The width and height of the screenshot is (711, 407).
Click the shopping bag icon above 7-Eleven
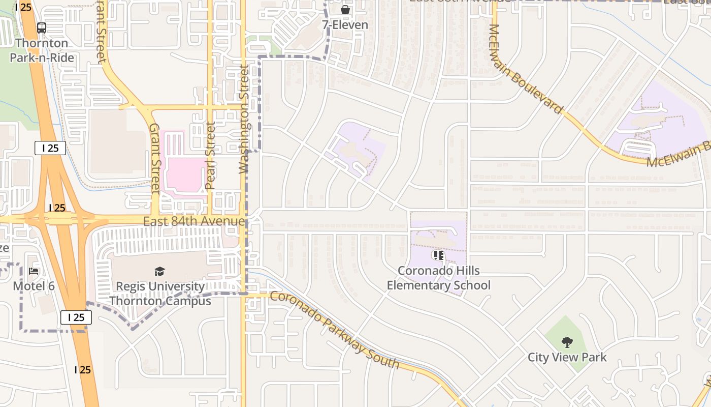[x=345, y=10]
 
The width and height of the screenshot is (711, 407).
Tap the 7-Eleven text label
[x=345, y=24]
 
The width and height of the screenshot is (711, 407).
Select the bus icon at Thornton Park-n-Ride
[x=42, y=28]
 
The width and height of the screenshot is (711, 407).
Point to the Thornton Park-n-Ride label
[x=42, y=50]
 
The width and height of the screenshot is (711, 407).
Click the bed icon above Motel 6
[x=34, y=271]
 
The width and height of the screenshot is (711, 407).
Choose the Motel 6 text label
[x=34, y=286]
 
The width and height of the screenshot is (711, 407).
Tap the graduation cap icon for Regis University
[x=160, y=271]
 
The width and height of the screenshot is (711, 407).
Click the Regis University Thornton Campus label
[x=160, y=294]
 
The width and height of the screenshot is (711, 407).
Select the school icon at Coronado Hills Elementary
[x=438, y=255]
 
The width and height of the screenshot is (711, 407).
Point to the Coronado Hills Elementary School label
[x=439, y=278]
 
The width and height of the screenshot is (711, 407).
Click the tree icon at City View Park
[x=567, y=342]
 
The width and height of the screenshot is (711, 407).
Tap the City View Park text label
[x=567, y=357]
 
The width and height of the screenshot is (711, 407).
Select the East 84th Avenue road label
[x=194, y=221]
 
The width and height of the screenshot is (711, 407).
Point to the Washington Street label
[x=244, y=119]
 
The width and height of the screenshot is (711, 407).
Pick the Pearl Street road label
[x=211, y=155]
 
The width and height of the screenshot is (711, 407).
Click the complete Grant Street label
[x=155, y=158]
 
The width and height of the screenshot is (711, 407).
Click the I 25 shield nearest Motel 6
[x=76, y=317]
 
